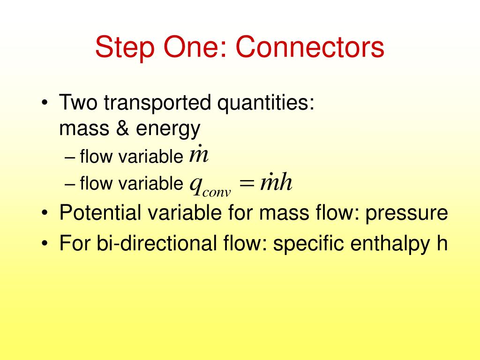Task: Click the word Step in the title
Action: (125, 47)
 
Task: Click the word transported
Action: (157, 103)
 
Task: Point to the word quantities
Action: (266, 103)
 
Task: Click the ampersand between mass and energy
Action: (122, 128)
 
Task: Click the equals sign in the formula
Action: (247, 183)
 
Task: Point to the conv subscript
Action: (216, 192)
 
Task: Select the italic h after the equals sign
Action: (286, 181)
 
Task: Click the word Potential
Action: (100, 212)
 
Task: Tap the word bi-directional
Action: (157, 243)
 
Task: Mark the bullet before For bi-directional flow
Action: (45, 243)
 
